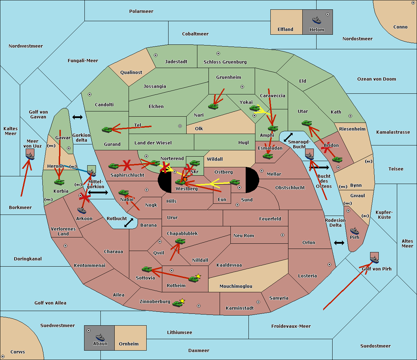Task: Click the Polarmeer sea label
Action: (141, 11)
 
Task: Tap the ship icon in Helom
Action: (317, 20)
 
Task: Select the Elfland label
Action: (285, 30)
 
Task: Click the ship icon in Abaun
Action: (100, 337)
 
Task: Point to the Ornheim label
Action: (129, 344)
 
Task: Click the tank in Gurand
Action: (107, 129)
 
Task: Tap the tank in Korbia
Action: (59, 182)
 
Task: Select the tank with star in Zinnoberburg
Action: (178, 304)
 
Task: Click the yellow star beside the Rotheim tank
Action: (198, 276)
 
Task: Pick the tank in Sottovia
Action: (147, 269)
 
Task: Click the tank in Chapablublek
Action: (180, 241)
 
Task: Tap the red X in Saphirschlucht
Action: (127, 165)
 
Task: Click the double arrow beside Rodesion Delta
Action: (339, 243)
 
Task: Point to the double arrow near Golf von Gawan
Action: (77, 117)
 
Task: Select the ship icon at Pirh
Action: (354, 231)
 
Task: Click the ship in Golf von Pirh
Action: (374, 258)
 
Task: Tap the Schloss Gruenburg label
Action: (225, 62)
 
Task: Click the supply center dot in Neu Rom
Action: (283, 235)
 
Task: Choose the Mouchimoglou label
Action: (236, 286)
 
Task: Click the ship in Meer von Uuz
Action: (30, 156)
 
